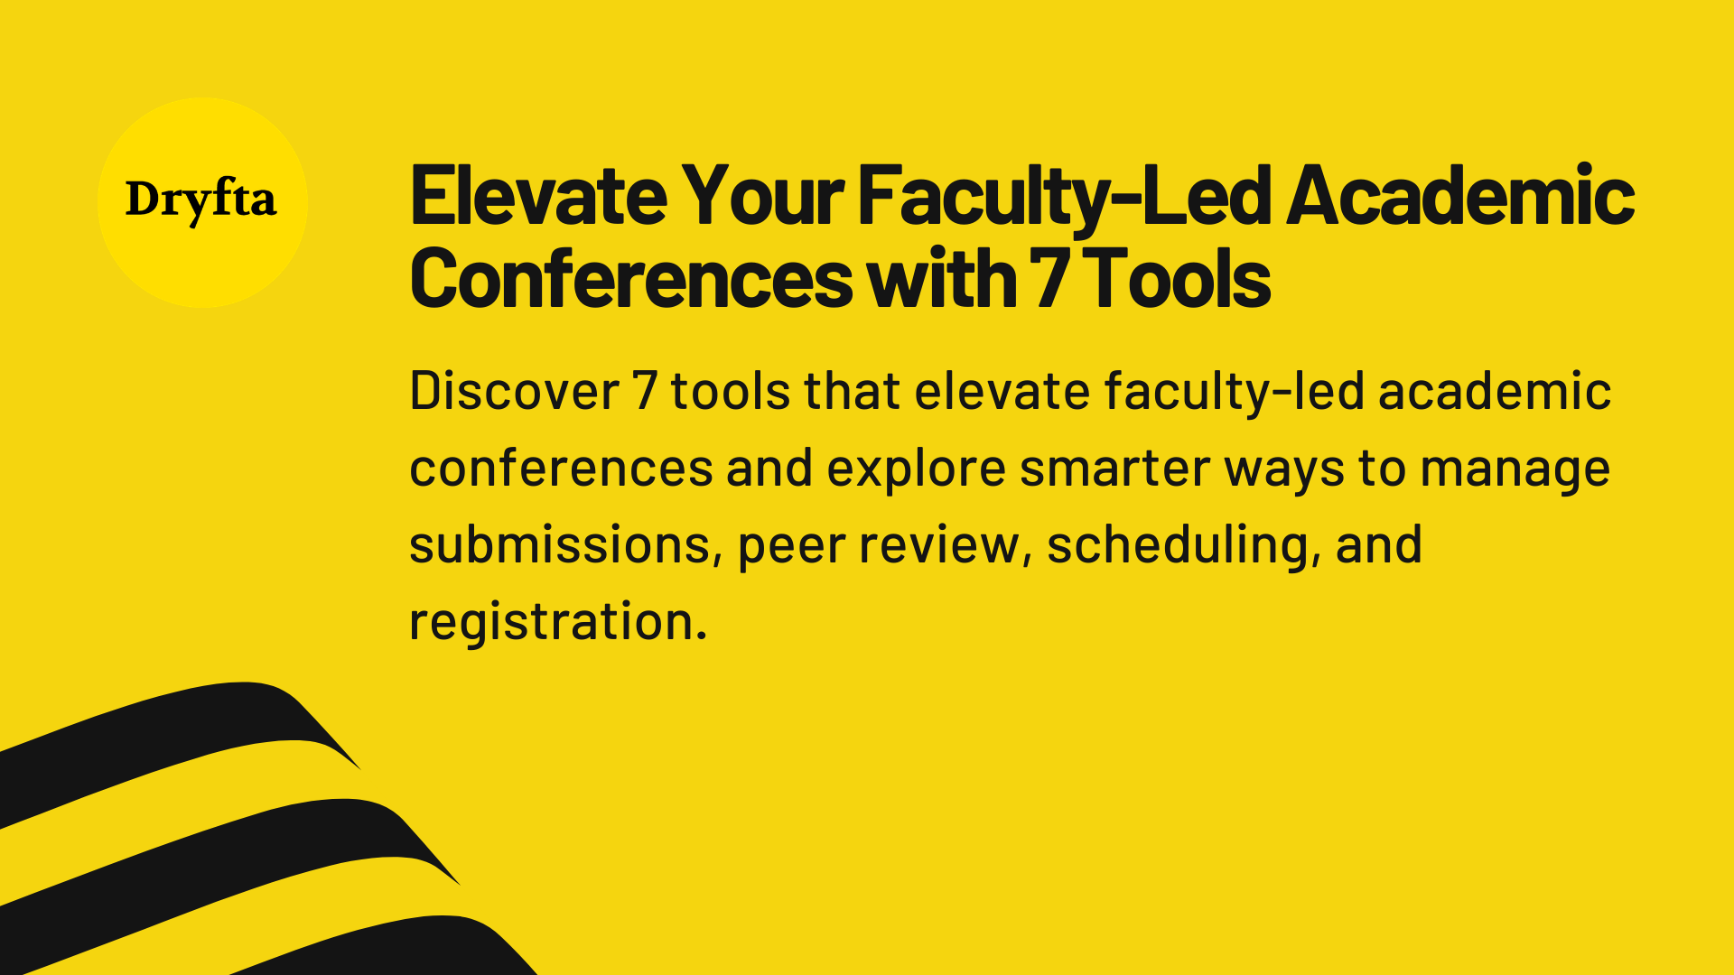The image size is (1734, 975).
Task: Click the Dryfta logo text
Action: coord(200,200)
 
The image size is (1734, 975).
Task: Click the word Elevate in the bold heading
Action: coord(538,196)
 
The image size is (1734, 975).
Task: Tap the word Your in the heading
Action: coord(763,196)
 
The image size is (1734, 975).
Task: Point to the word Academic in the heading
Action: coord(1459,196)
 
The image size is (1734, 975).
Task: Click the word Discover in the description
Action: coord(514,391)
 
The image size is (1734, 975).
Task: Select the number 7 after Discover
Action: coord(644,391)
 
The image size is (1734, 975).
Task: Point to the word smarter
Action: coord(1114,469)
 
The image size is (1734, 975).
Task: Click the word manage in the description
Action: coord(1515,469)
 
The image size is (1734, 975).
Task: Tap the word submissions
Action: coord(560,545)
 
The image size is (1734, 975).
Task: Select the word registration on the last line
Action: coord(557,622)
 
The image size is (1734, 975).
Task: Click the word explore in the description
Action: coord(916,469)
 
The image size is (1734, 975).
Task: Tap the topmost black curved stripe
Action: coord(163,731)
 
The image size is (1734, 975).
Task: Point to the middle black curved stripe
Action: coord(208,853)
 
